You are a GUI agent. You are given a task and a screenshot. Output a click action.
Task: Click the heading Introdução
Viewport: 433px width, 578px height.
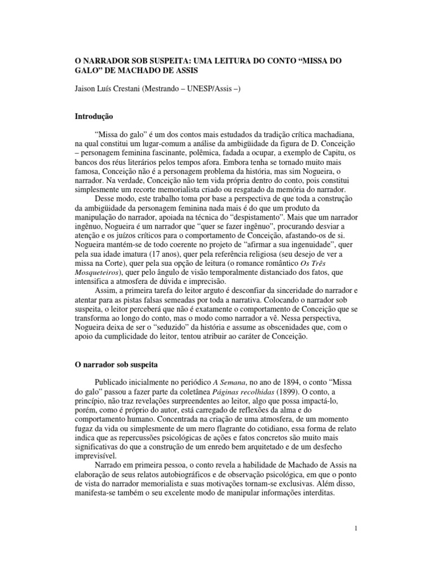[95, 117]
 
